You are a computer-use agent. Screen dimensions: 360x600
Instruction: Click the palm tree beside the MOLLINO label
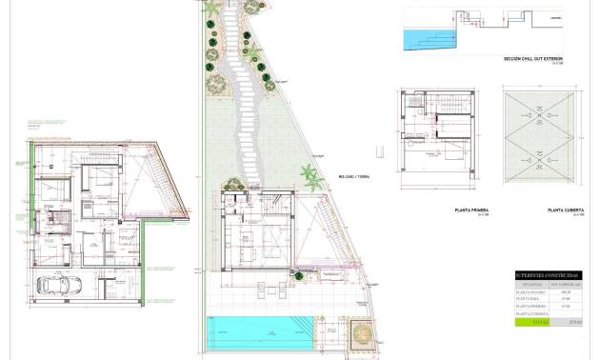coord(308,174)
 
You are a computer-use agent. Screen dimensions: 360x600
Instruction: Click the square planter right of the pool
coord(363,336)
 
